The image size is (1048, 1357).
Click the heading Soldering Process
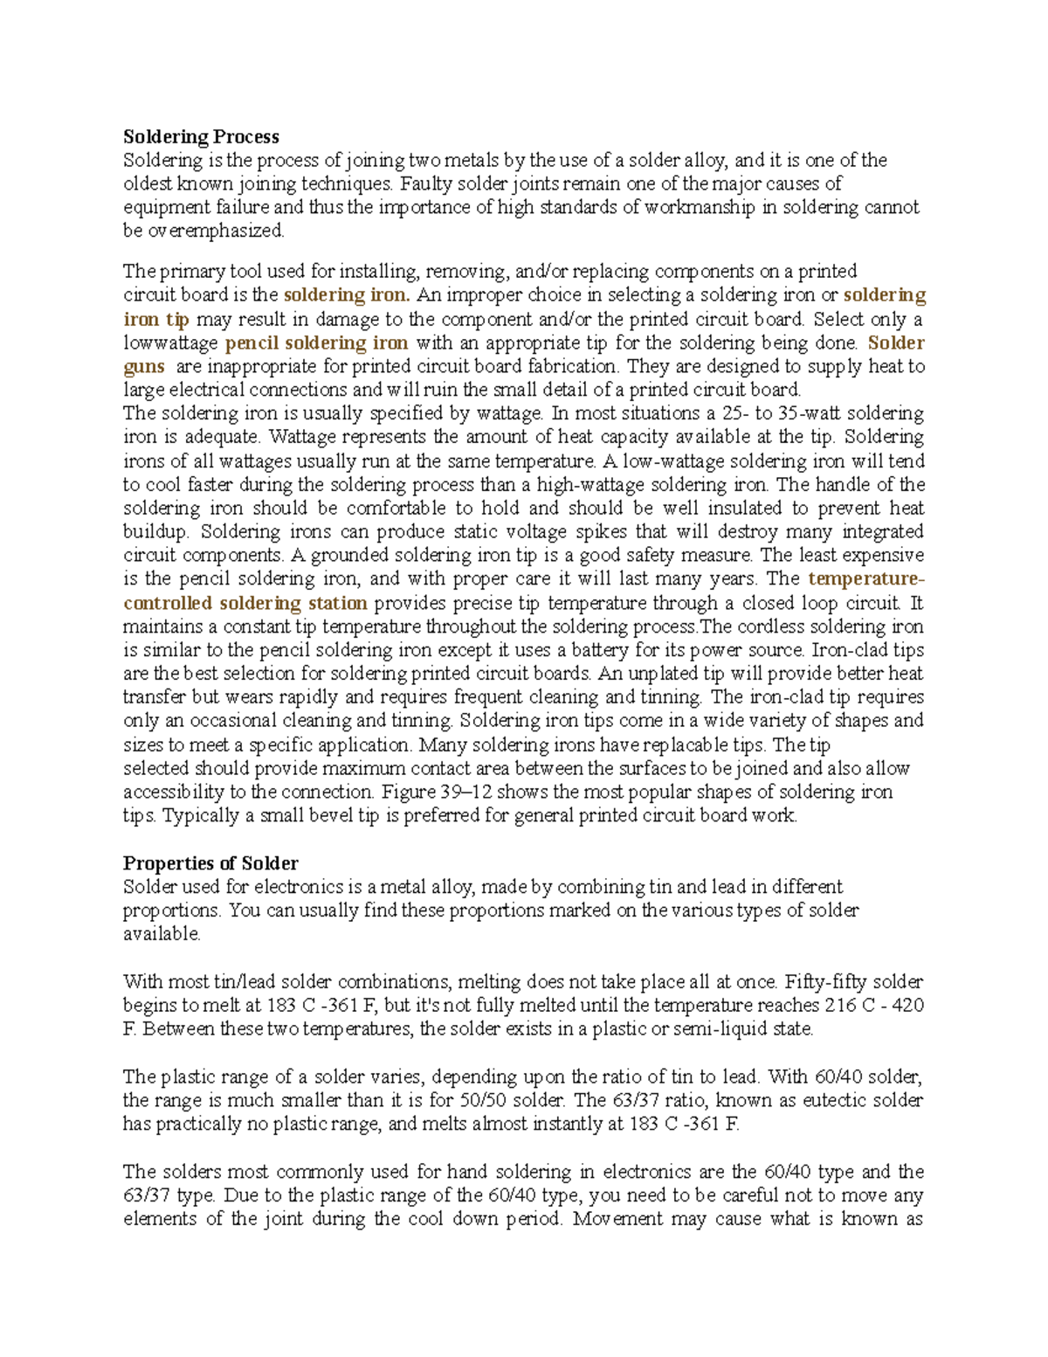tap(201, 136)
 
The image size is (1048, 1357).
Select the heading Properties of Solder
tap(210, 863)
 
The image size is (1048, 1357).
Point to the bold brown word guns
tap(144, 367)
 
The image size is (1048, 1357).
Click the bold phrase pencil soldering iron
tap(316, 343)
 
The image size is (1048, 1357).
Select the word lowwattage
tap(170, 343)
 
